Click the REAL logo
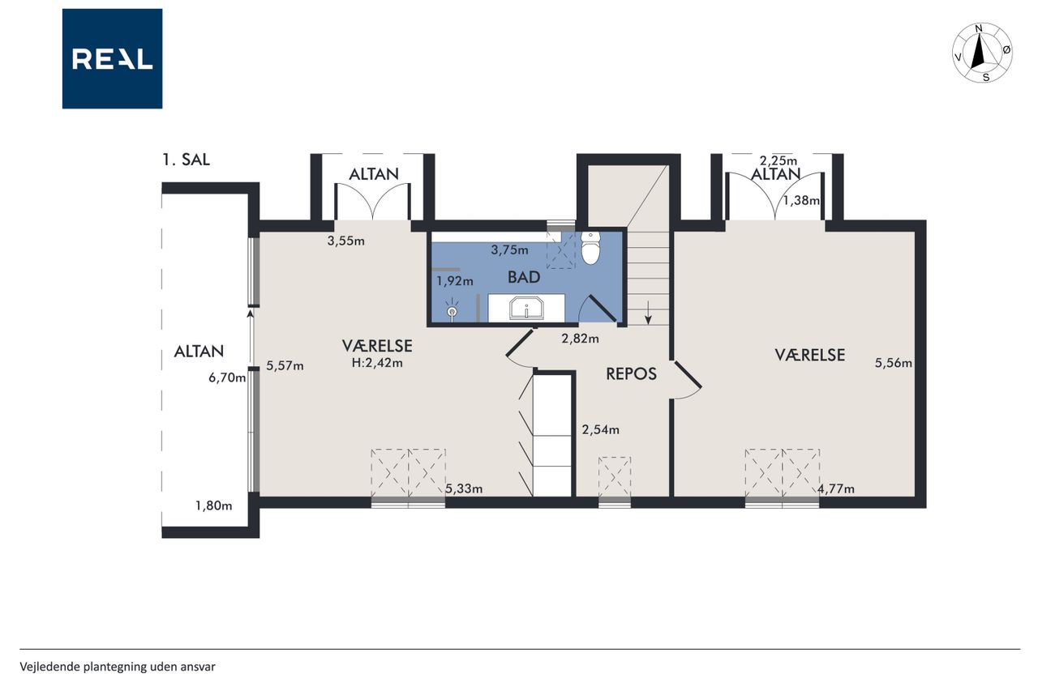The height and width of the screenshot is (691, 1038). tap(112, 59)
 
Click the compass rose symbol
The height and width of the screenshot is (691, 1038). tap(982, 53)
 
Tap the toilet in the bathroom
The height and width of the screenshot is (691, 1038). tap(590, 248)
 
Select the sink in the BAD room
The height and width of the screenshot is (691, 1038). tap(526, 309)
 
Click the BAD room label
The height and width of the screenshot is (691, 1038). tap(524, 277)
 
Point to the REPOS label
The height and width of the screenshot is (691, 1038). tap(631, 374)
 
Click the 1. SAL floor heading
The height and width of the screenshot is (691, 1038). tap(186, 160)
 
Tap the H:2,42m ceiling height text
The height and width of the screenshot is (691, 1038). tap(377, 363)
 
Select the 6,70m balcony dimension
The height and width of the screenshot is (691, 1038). tap(227, 378)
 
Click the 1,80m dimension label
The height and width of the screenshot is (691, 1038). tap(213, 505)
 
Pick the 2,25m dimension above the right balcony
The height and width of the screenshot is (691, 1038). tap(778, 160)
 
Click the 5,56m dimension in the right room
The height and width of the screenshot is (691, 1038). tap(894, 363)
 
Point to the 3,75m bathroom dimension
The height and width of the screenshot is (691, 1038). tap(510, 250)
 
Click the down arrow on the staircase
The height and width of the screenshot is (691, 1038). tap(648, 312)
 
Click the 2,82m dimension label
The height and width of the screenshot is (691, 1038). tap(580, 339)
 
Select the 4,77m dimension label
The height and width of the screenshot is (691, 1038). tap(836, 488)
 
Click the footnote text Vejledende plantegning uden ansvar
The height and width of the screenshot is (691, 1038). tap(118, 667)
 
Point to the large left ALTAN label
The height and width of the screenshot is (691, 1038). tap(199, 352)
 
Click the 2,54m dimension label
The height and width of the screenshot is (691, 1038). tap(601, 430)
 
